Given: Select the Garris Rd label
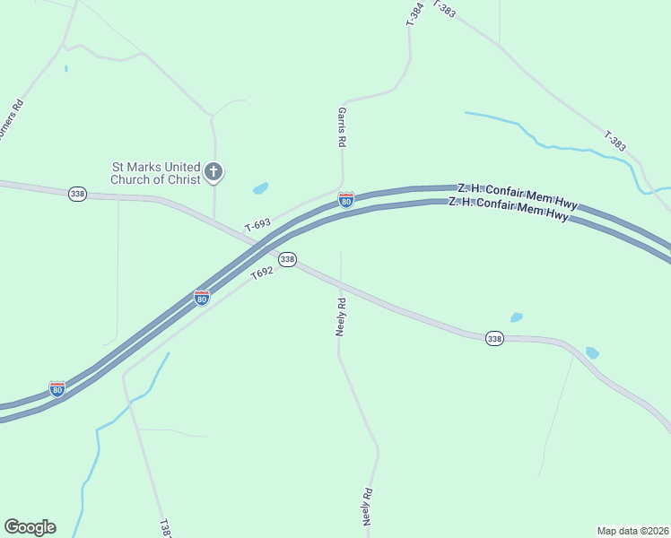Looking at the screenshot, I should [x=342, y=126].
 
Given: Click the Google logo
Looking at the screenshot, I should [x=30, y=527].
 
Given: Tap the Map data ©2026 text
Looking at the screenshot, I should [x=633, y=530].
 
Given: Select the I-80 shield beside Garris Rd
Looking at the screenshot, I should [x=345, y=200].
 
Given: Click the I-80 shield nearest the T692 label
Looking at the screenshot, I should [x=202, y=297].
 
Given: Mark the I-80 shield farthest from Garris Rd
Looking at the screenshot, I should [x=57, y=389].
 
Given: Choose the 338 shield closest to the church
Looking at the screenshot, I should [x=77, y=194].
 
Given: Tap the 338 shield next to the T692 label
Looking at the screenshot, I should [x=287, y=259].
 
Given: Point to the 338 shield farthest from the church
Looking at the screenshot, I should [x=494, y=338].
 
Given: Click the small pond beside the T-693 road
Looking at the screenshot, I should [x=260, y=188].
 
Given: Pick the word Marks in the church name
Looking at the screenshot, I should [x=144, y=167].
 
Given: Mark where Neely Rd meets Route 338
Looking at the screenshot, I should [x=341, y=288].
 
